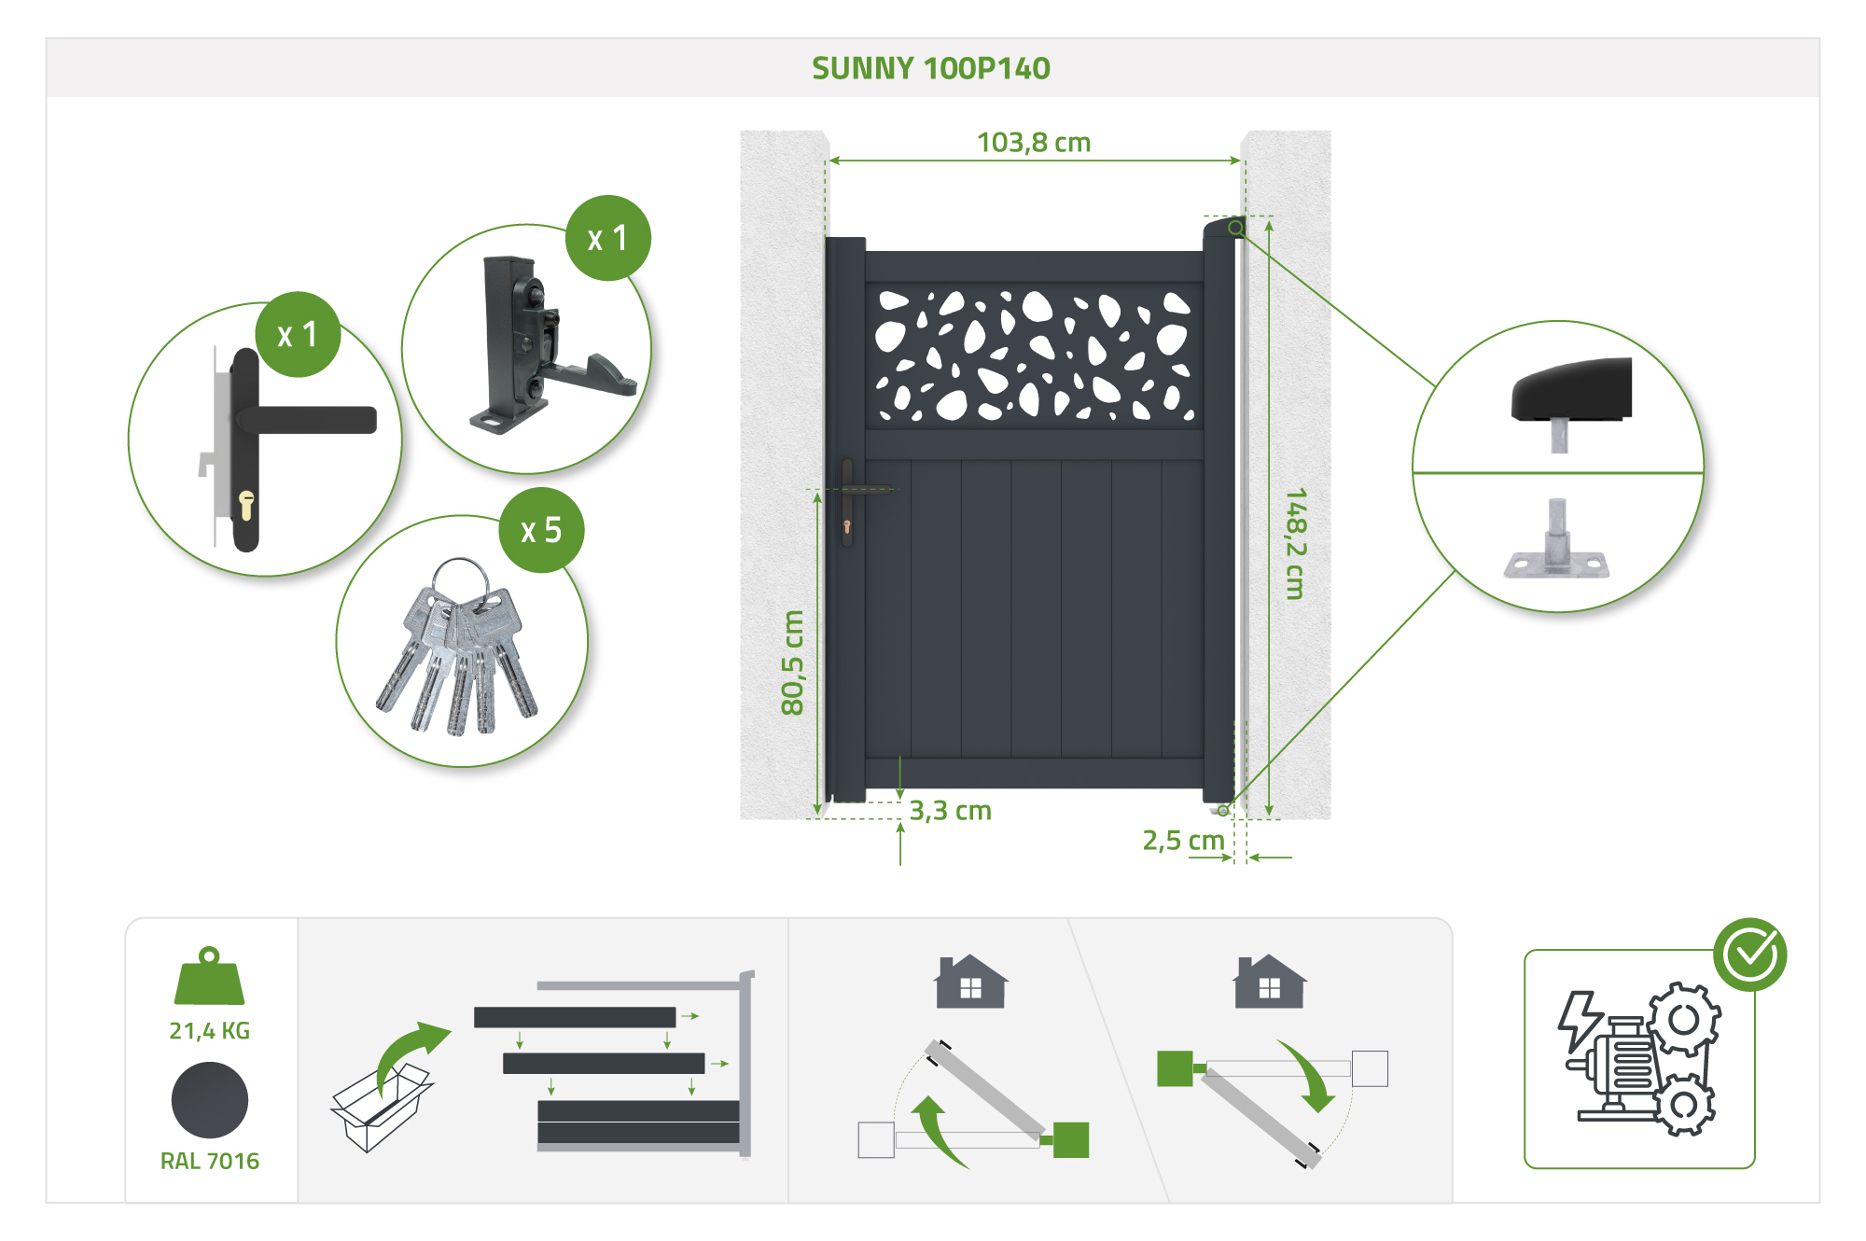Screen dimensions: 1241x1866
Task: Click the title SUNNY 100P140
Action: click(930, 68)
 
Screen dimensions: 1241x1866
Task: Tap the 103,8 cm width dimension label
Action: click(1033, 143)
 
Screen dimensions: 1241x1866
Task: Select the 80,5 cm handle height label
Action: click(792, 662)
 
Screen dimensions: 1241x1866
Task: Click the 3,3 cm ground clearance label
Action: click(950, 811)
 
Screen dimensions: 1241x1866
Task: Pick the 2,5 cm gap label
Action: click(1183, 841)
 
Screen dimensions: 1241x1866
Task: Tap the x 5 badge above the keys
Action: click(541, 530)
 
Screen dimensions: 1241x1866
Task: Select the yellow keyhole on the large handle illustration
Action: click(246, 505)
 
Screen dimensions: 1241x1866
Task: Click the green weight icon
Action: click(209, 977)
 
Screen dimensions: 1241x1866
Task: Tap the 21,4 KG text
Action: click(209, 1031)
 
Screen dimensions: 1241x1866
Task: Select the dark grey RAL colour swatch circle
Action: click(209, 1101)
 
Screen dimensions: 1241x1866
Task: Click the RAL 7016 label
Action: click(209, 1162)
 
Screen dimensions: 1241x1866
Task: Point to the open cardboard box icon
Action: click(378, 1110)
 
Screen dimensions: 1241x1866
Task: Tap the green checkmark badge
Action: click(1750, 954)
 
